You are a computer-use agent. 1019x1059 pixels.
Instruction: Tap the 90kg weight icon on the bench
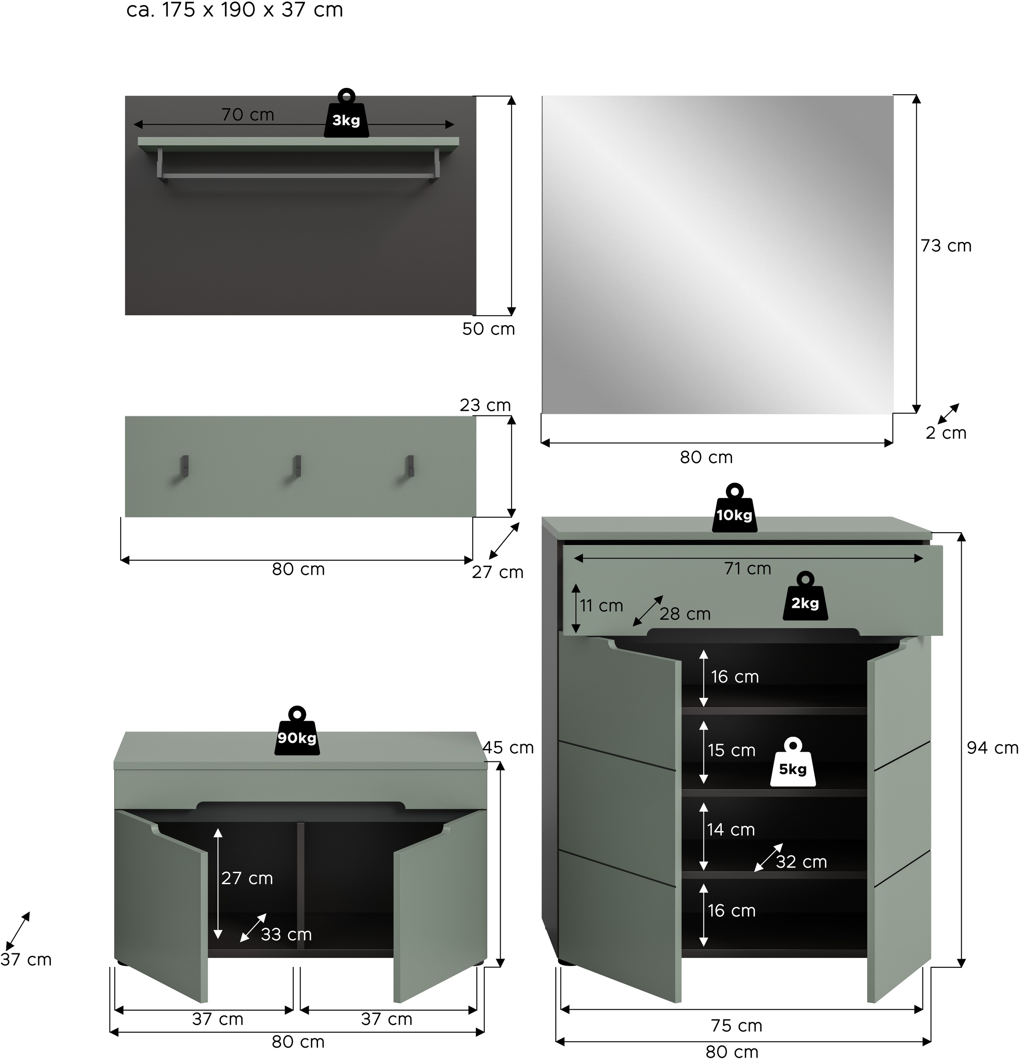click(297, 735)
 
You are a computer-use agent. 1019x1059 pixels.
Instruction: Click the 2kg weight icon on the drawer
click(805, 600)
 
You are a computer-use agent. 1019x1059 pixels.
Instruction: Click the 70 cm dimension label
click(248, 115)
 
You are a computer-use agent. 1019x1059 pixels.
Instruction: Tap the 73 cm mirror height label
click(946, 246)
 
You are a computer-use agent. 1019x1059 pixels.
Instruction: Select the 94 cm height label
click(992, 748)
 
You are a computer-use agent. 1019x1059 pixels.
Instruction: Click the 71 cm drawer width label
click(748, 569)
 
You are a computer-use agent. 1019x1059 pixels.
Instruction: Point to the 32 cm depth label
click(801, 862)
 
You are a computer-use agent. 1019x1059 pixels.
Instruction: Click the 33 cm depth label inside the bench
click(286, 934)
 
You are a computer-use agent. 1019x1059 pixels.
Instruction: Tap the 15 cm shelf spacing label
click(732, 750)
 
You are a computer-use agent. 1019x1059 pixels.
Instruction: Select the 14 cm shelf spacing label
click(731, 830)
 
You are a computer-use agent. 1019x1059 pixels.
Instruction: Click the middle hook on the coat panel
click(296, 467)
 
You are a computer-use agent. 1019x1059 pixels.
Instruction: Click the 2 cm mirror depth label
click(946, 433)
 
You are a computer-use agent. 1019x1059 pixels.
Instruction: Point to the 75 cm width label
click(736, 1025)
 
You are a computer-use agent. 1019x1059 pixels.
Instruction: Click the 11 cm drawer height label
click(601, 606)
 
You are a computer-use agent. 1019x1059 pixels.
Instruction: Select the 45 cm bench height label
click(508, 748)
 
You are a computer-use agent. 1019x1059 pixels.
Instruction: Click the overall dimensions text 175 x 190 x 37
click(235, 10)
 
